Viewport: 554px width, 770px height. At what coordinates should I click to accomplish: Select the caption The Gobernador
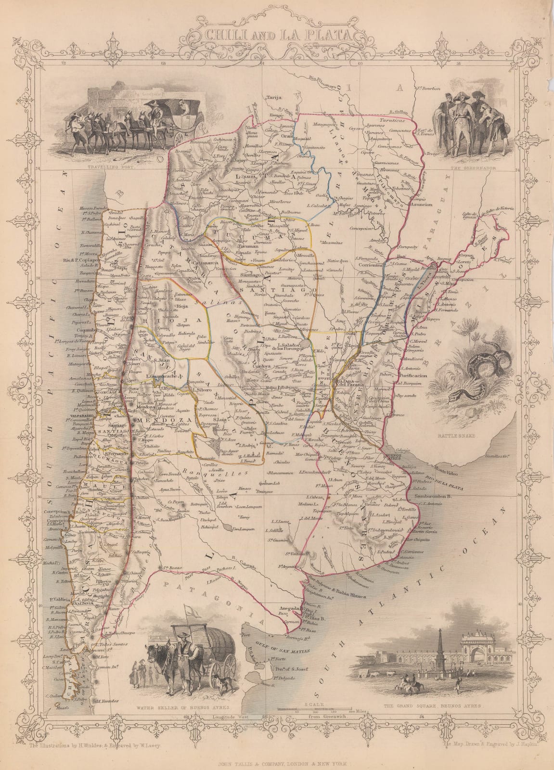(x=466, y=168)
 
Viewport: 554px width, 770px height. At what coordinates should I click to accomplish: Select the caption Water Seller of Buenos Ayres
(x=182, y=708)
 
